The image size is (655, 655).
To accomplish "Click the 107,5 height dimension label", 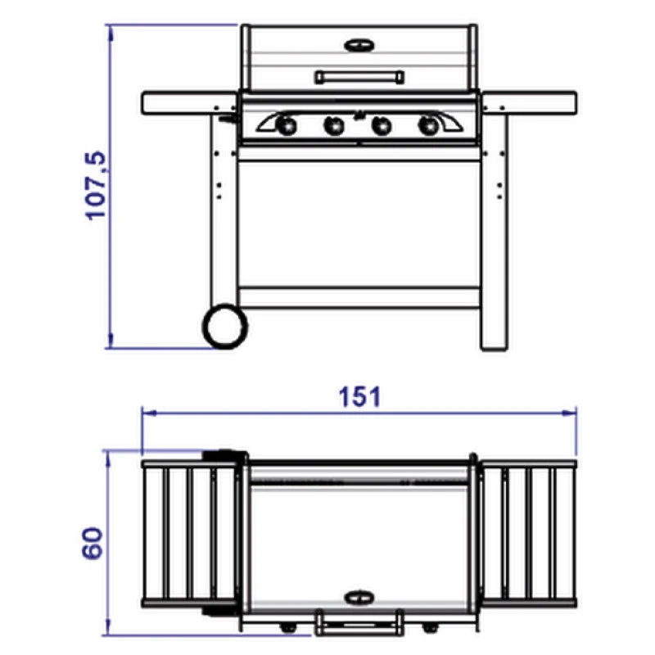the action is pos(96,185).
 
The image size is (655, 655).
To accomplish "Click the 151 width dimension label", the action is pos(359,396).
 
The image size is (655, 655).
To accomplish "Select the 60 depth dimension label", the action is pos(92,543).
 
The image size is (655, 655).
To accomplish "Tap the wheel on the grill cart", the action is pos(225,326).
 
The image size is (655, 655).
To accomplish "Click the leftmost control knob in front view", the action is pos(286,125).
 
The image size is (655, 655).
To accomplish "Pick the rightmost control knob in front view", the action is pos(429,125).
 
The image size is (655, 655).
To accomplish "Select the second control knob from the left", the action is pos(334,125).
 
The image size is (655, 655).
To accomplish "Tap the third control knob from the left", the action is pos(382,125).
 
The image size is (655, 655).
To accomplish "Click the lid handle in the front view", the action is pos(359,77).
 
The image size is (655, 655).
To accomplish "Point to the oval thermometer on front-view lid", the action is pos(359,45).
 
